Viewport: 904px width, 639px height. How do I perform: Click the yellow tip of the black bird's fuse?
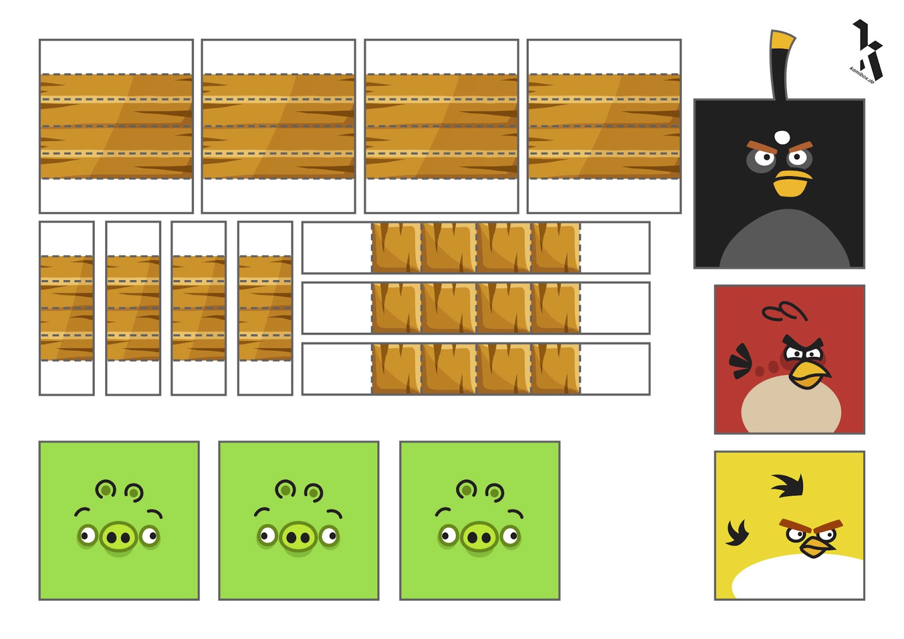click(782, 40)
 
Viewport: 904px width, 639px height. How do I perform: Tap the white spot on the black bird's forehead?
click(782, 137)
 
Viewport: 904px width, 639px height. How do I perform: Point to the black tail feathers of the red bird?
click(741, 361)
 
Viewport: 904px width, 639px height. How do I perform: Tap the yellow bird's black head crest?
click(789, 485)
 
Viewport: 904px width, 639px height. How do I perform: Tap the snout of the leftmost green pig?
click(119, 537)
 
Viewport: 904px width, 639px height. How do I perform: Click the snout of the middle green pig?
click(298, 537)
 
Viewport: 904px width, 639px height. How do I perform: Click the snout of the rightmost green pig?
click(479, 537)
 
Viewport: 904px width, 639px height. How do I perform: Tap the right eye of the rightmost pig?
click(511, 535)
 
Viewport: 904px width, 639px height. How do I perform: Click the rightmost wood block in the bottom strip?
click(556, 368)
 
